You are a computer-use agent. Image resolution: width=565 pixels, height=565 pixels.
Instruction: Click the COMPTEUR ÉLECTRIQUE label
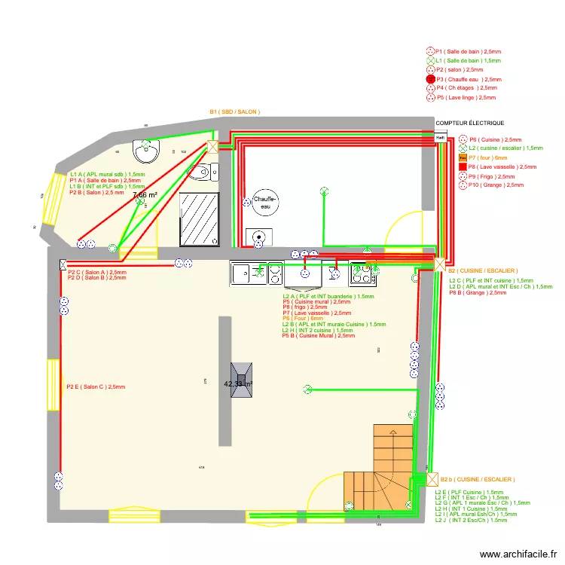tap(469, 122)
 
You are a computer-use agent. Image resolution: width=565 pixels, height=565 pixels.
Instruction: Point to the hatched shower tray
tap(200, 218)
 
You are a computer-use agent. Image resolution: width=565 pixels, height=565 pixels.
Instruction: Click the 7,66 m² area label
tap(145, 194)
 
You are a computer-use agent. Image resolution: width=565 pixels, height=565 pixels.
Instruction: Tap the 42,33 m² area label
tap(239, 383)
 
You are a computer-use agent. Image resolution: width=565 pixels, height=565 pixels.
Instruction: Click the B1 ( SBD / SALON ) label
tap(234, 111)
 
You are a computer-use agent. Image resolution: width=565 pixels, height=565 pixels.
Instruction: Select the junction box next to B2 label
tap(439, 264)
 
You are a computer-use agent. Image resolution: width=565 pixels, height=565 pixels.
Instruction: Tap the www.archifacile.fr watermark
tap(516, 552)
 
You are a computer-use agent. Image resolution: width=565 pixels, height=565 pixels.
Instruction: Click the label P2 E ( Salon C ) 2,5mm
tap(96, 386)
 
